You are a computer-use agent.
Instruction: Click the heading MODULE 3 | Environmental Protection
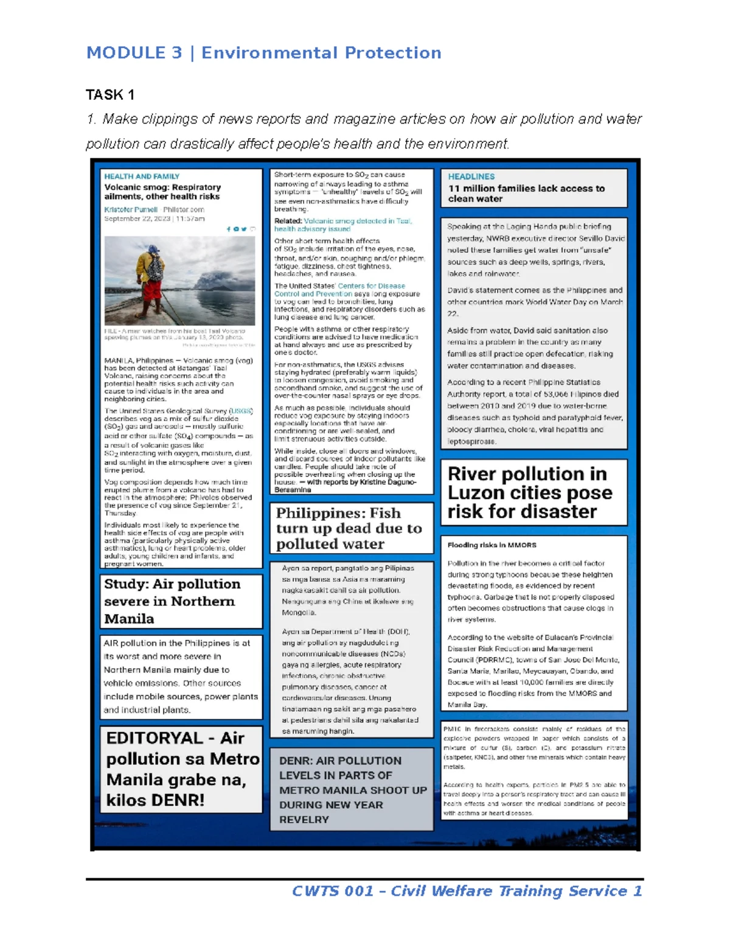263,53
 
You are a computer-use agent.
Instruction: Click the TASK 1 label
110,95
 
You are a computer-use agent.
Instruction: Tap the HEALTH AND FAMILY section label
142,176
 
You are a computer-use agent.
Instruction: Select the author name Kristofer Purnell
131,209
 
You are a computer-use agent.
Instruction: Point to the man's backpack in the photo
156,266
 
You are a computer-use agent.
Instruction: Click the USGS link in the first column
242,411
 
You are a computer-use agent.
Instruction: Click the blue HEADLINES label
471,176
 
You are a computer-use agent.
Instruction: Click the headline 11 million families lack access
526,194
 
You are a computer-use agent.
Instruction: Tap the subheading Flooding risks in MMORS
492,545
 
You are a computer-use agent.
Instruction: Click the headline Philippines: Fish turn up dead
349,528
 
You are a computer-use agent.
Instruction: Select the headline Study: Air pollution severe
172,601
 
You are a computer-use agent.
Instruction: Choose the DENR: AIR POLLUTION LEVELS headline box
352,790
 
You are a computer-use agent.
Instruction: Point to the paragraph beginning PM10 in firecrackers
534,748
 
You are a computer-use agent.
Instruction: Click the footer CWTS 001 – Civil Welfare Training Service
467,891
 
